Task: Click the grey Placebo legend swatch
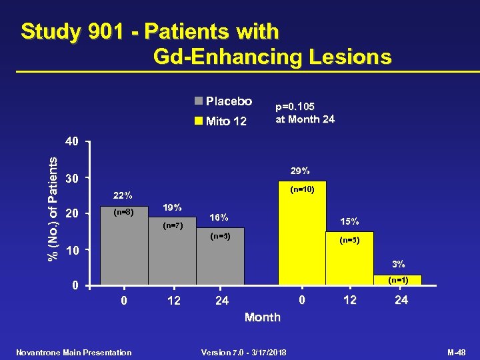(198, 101)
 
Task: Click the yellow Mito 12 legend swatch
(198, 121)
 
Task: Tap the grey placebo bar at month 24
(220, 260)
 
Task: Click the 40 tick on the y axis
(72, 142)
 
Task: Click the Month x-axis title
(263, 317)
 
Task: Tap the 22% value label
(123, 196)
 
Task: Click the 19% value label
(173, 207)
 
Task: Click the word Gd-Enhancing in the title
(227, 57)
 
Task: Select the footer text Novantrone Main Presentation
(74, 352)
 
